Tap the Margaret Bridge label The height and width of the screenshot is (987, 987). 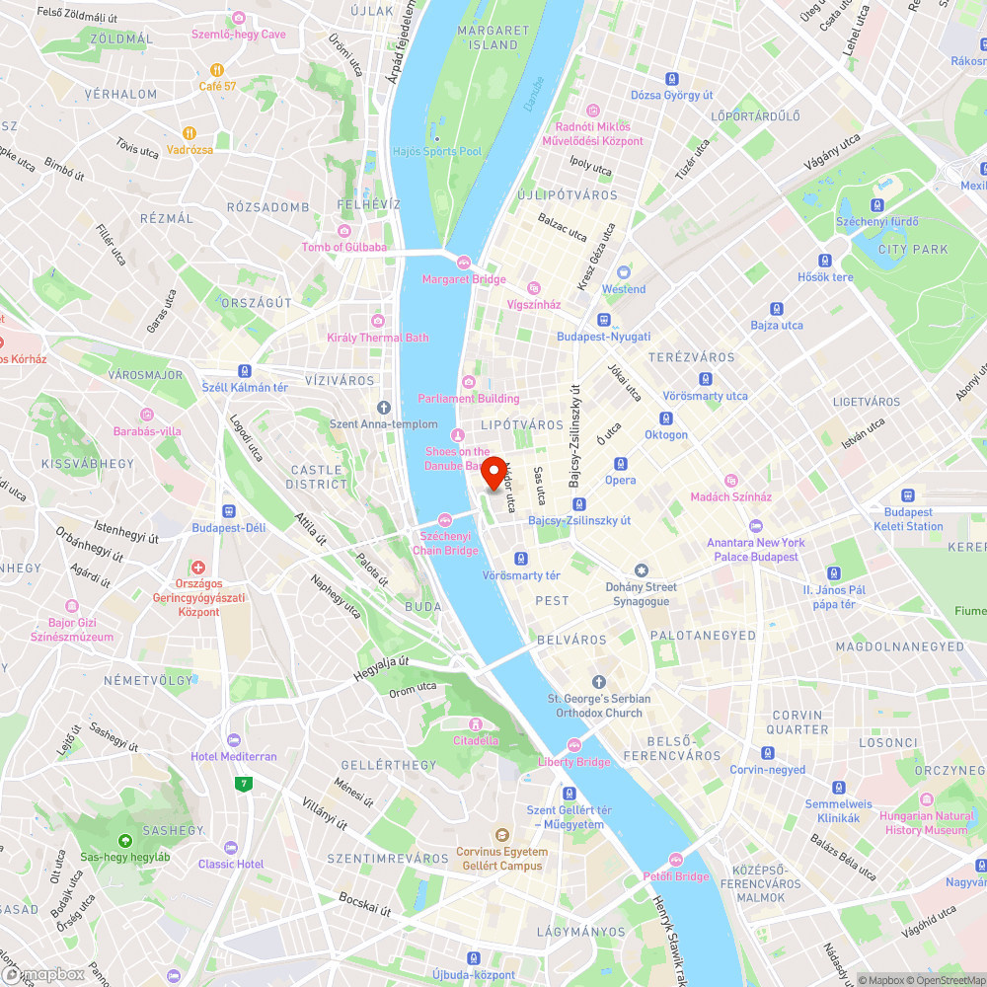(x=464, y=279)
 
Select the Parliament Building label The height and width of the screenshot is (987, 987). (x=468, y=399)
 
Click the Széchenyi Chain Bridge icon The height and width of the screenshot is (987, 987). (x=444, y=519)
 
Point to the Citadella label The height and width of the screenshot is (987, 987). (x=476, y=740)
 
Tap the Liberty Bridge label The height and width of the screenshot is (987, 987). (x=573, y=762)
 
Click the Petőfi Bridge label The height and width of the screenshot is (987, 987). (x=676, y=876)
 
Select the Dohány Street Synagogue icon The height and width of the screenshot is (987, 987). (x=642, y=570)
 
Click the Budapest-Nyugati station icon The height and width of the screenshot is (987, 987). (x=603, y=320)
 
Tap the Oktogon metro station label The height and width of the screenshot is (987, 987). (x=666, y=435)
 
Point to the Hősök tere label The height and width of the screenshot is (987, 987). (x=825, y=277)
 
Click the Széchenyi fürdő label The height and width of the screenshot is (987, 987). (x=877, y=222)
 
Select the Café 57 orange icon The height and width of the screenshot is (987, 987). (x=216, y=70)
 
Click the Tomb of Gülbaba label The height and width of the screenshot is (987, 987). (x=344, y=248)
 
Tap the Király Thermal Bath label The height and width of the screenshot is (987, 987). (x=378, y=338)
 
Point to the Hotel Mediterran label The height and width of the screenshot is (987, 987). (x=234, y=756)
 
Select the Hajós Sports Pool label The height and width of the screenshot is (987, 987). (x=437, y=151)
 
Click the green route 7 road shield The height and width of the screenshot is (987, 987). (x=242, y=785)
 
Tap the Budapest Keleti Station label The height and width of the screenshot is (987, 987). (x=908, y=519)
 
